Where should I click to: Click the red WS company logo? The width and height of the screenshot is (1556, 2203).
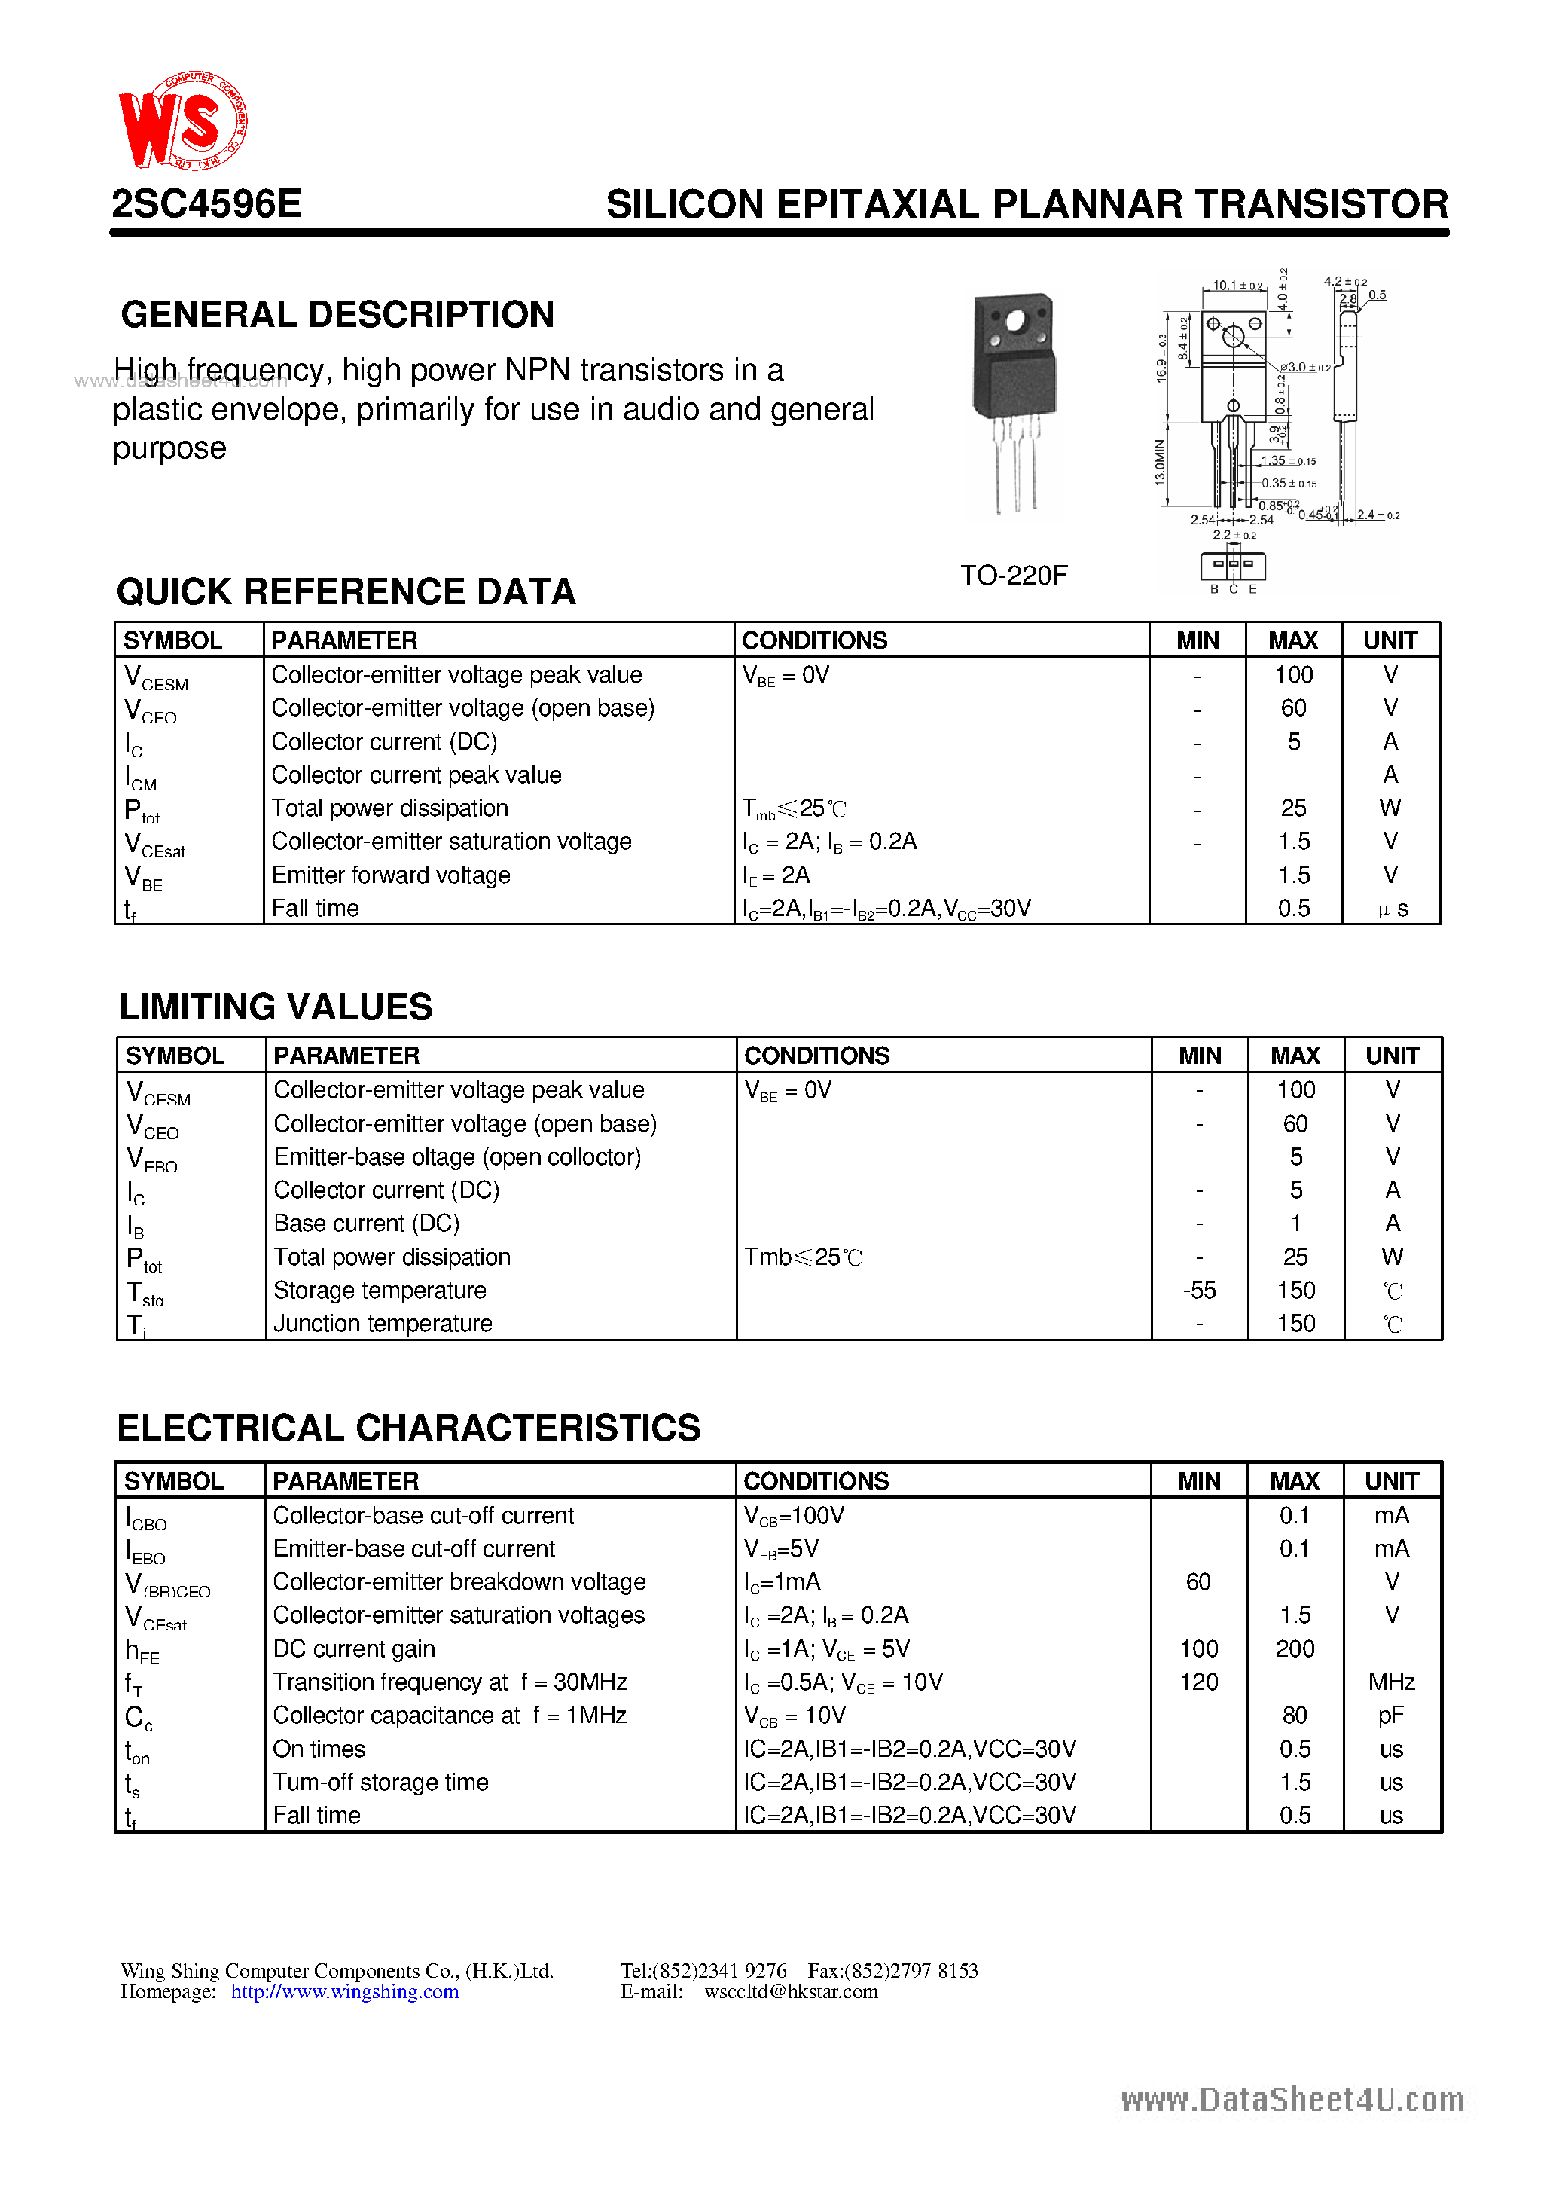(x=182, y=122)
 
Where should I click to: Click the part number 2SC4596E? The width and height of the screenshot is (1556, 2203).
(x=207, y=204)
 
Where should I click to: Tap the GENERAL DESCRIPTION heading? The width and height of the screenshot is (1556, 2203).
(x=337, y=315)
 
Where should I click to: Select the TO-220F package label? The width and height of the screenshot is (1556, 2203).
(x=1014, y=576)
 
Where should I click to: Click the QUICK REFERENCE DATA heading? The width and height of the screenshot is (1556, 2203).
(x=346, y=592)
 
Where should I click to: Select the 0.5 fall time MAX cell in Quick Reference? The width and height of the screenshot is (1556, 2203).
(x=1293, y=909)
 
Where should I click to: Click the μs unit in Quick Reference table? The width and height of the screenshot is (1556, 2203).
(x=1392, y=909)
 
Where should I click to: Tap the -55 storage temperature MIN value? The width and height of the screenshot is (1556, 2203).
(x=1199, y=1291)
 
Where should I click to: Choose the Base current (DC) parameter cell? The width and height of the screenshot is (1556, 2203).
(x=367, y=1224)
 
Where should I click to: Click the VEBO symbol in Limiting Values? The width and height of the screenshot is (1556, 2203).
(x=151, y=1159)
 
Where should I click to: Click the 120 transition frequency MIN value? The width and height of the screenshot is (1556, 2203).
(x=1199, y=1682)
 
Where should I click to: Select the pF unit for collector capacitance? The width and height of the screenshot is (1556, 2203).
(x=1391, y=1716)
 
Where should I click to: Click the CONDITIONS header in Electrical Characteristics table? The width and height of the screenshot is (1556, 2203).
(x=816, y=1481)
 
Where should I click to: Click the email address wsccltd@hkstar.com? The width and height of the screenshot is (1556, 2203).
(x=791, y=1992)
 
